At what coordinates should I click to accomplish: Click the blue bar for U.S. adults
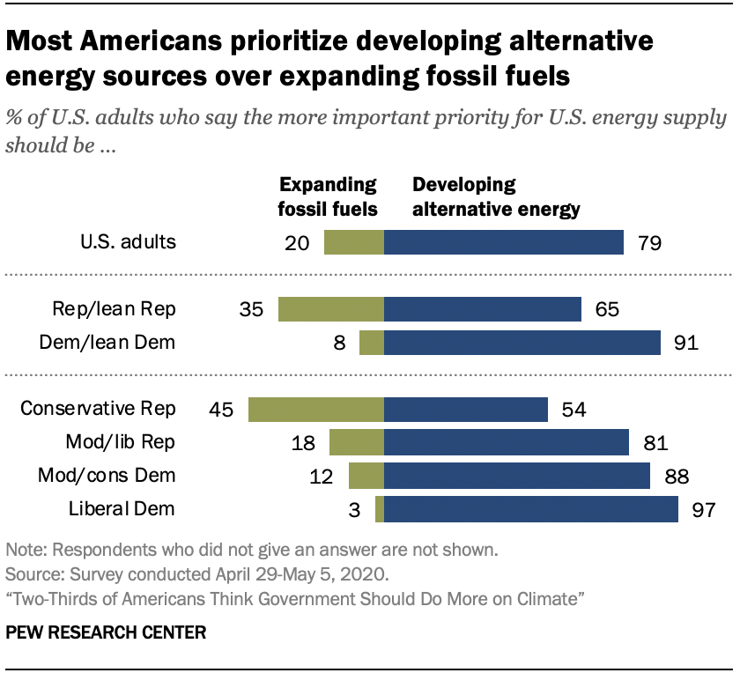504,241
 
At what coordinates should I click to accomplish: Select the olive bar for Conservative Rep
316,410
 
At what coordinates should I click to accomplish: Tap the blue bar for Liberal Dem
531,509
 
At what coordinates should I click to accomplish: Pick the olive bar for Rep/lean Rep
331,309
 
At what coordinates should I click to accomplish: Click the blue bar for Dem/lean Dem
522,343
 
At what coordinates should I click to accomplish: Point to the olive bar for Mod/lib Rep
357,442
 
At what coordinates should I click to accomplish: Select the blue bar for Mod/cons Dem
517,476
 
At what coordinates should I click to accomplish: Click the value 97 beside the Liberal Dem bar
703,510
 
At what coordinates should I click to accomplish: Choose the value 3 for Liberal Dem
357,510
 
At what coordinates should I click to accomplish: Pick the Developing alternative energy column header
496,196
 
